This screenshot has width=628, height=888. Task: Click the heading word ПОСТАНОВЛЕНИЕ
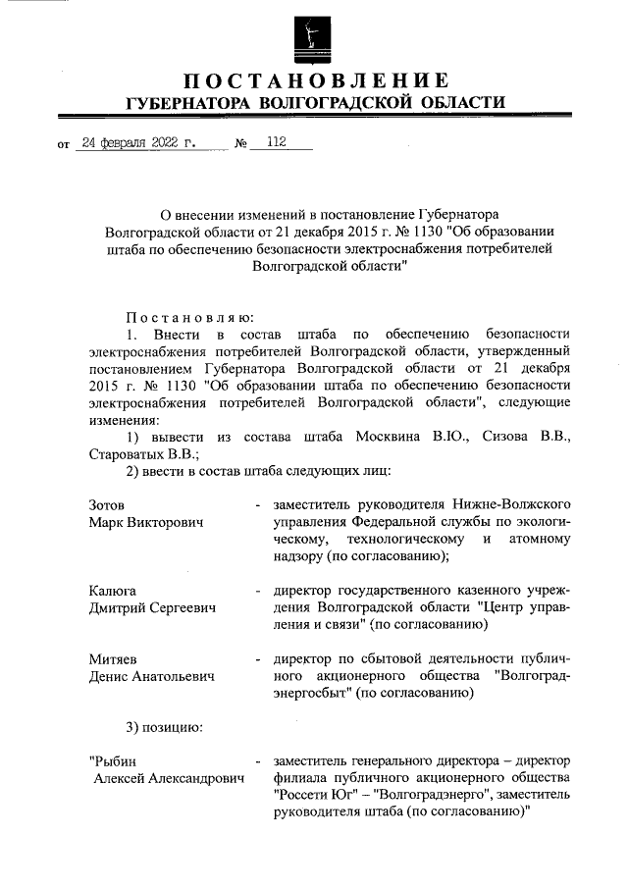314,80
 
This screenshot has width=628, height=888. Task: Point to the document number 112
275,143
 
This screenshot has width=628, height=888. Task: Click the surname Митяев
113,659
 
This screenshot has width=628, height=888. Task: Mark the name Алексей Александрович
167,780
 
